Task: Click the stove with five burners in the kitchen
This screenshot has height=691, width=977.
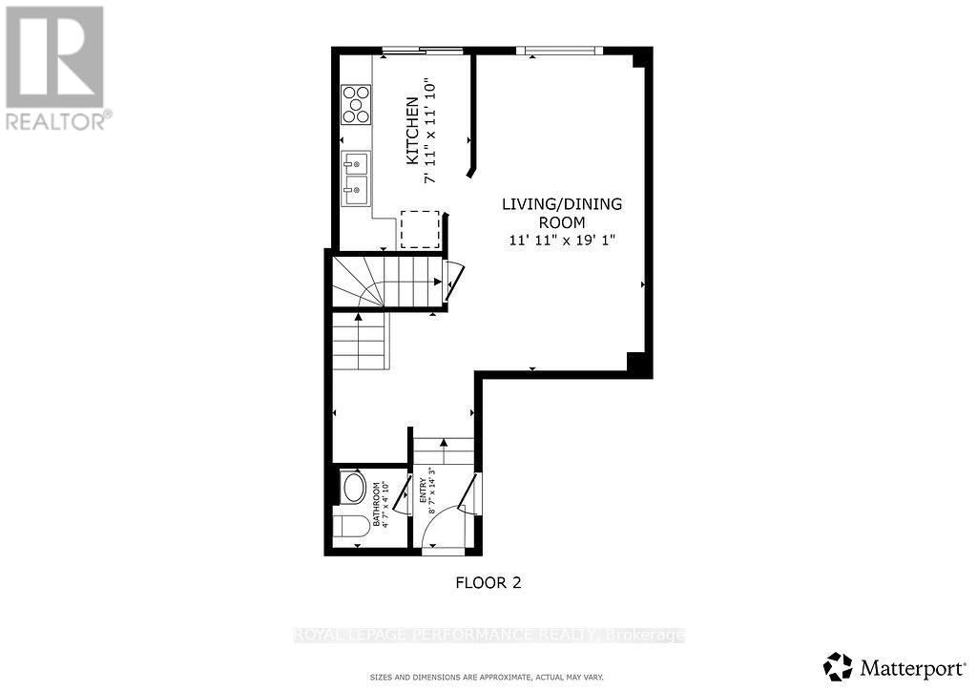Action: (x=356, y=104)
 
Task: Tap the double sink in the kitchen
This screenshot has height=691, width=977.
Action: (x=356, y=178)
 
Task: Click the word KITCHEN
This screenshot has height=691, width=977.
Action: (x=412, y=131)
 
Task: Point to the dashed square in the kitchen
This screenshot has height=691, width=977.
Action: (x=419, y=229)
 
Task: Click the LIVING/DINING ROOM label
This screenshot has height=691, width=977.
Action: (x=563, y=213)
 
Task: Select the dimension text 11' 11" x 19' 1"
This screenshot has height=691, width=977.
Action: (x=563, y=241)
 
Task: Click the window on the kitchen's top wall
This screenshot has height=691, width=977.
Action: (x=425, y=50)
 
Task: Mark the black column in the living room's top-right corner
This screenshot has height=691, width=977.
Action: (x=641, y=59)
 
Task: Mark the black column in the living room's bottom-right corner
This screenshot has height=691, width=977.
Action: (x=637, y=362)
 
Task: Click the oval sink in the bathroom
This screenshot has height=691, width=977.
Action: (x=352, y=488)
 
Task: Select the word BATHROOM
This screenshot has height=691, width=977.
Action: (x=377, y=505)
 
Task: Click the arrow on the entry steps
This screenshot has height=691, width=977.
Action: (x=443, y=447)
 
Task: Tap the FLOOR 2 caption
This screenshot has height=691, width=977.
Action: (x=488, y=581)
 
